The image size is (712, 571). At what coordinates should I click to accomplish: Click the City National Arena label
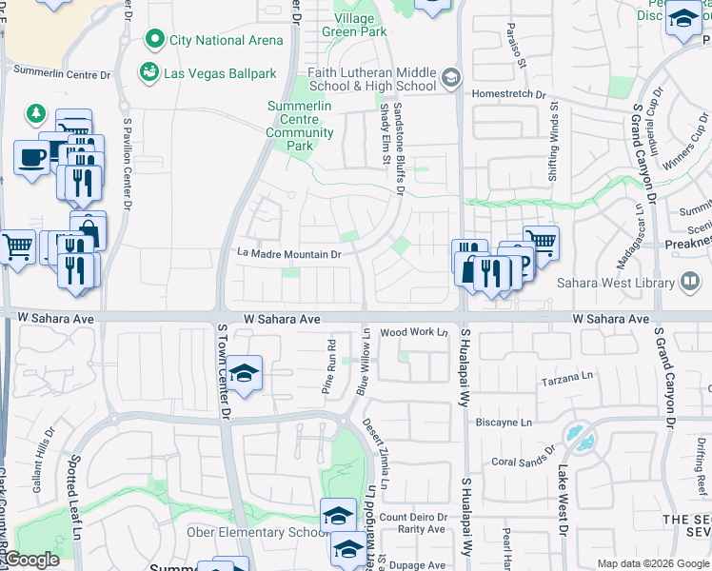226,40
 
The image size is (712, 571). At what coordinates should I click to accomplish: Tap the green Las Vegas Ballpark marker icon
148,73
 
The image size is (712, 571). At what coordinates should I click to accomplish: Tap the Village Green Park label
360,24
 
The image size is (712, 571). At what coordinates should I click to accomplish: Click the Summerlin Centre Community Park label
300,126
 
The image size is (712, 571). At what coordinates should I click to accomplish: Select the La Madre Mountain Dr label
288,254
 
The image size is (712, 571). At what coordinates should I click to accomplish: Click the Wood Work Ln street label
413,333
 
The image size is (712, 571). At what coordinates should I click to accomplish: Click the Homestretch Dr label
514,94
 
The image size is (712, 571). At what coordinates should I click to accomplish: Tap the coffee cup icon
31,156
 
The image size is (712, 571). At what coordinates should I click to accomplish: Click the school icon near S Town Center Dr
245,375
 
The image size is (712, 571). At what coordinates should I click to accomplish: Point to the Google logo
31,560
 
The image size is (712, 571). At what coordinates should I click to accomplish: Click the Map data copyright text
653,563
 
